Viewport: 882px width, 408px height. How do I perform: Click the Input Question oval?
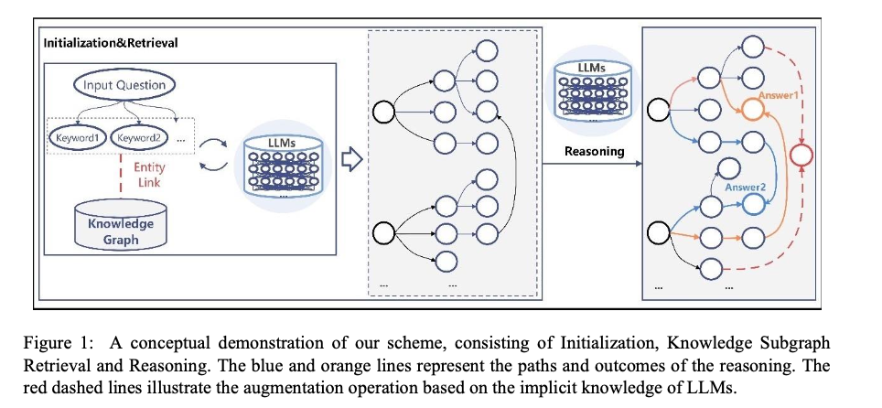124,86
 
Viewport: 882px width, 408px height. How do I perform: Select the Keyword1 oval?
77,136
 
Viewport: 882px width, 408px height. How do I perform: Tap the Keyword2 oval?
135,136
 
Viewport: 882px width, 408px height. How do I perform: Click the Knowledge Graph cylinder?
121,225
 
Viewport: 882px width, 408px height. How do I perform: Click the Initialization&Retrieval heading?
111,42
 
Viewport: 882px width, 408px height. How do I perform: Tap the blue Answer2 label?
746,188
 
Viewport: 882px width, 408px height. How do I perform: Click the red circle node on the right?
801,154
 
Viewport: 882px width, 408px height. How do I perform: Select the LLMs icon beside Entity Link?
283,165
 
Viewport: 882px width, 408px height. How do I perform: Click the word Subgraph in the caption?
798,343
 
